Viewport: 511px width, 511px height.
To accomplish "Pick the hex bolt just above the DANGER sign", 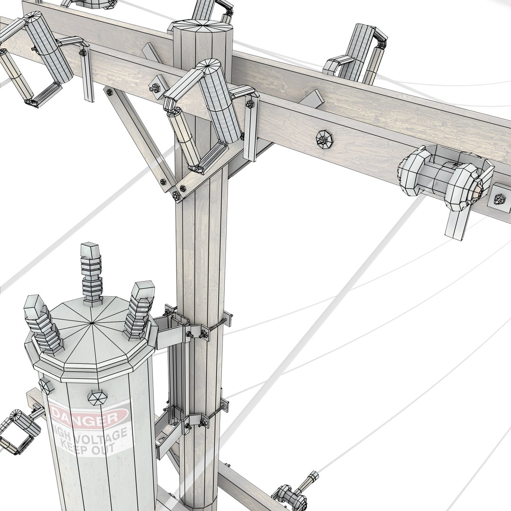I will [x=97, y=396].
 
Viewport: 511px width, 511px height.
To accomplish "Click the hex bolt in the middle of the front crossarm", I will [x=324, y=139].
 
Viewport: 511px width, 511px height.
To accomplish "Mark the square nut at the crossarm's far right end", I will [x=500, y=199].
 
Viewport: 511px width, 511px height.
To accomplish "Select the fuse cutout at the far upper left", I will [x=33, y=57].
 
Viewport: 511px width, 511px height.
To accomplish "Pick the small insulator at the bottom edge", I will [x=293, y=492].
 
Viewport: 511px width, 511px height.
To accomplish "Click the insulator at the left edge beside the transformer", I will [x=19, y=431].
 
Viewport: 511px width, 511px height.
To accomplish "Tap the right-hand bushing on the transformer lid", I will [x=140, y=310].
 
